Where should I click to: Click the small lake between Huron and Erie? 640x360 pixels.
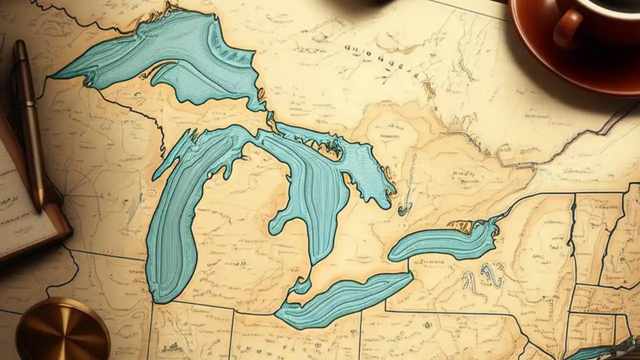click(x=301, y=286)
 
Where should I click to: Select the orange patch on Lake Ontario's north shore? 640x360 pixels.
click(x=462, y=226)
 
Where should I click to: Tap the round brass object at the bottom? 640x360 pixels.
click(x=62, y=330)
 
